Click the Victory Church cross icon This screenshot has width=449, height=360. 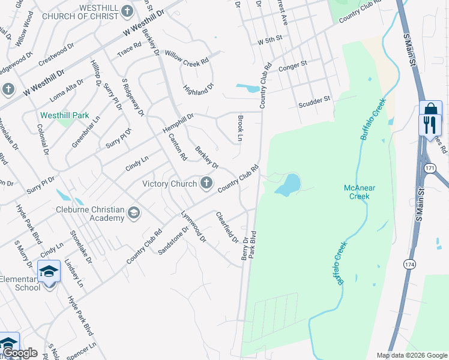pyautogui.click(x=206, y=184)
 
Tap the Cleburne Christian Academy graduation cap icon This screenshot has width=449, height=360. pyautogui.click(x=133, y=213)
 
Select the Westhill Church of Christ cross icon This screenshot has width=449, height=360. pyautogui.click(x=127, y=11)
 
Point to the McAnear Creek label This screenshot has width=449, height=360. pyautogui.click(x=360, y=192)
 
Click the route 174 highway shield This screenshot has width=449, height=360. pyautogui.click(x=409, y=264)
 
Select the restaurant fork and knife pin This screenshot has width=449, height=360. pyautogui.click(x=429, y=125)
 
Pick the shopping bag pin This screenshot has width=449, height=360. pyautogui.click(x=430, y=109)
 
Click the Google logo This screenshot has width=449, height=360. pyautogui.click(x=20, y=353)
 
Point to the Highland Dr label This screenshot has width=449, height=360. pyautogui.click(x=199, y=89)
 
